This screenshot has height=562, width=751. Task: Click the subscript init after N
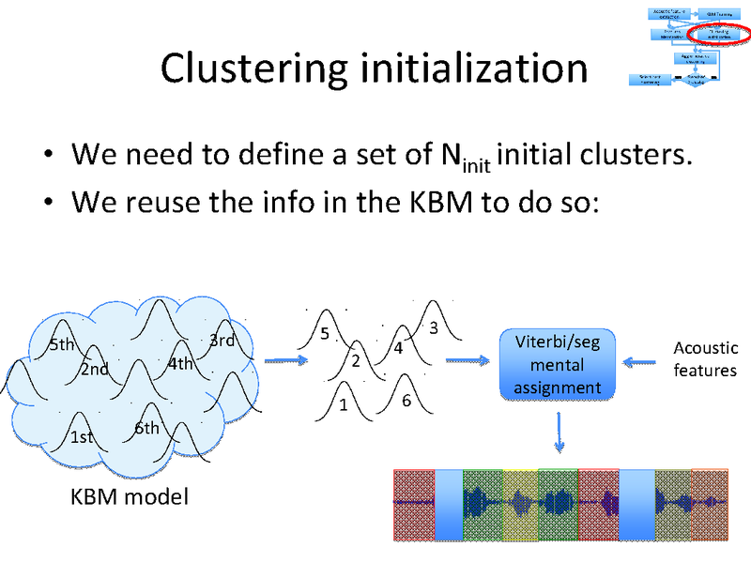476,163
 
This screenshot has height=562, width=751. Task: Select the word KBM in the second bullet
429,201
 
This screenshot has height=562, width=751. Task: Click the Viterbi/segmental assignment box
557,364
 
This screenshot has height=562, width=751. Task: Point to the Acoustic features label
705,359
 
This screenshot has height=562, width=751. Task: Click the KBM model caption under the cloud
130,496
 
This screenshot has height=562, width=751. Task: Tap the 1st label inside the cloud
82,437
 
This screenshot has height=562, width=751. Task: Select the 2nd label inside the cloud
94,369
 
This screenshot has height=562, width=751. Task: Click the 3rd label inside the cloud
222,341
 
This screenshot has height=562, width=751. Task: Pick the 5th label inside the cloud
62,344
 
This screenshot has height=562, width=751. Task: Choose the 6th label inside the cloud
146,429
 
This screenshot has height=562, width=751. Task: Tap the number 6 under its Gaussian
406,401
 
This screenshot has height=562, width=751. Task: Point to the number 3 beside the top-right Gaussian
434,328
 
